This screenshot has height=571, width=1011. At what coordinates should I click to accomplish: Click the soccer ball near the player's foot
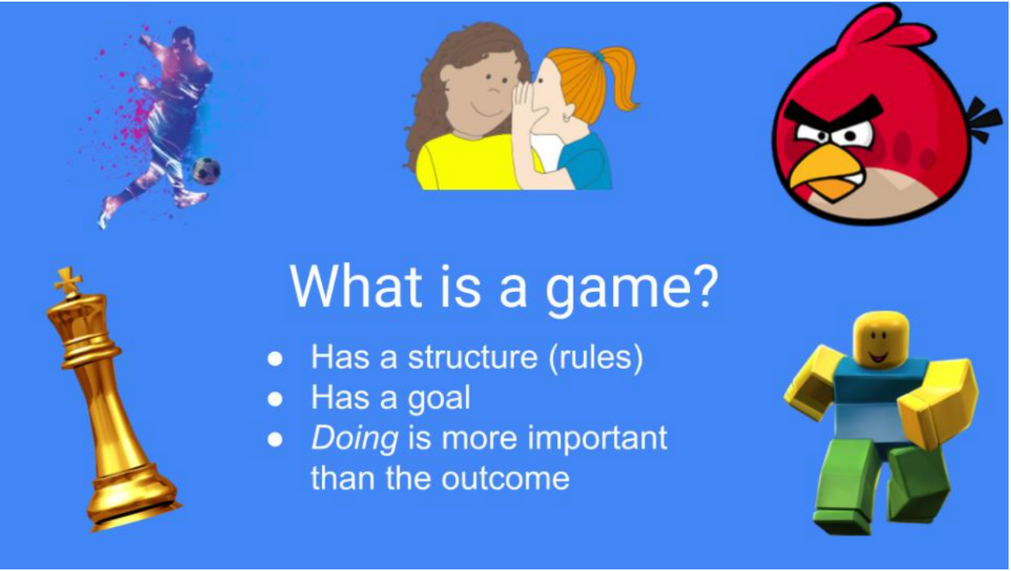pyautogui.click(x=206, y=170)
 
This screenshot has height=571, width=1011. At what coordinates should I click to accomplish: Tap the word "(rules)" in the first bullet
pyautogui.click(x=595, y=358)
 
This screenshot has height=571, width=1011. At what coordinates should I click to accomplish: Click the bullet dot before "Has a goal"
pyautogui.click(x=275, y=399)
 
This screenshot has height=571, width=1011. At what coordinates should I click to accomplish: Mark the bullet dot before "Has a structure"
pyautogui.click(x=275, y=359)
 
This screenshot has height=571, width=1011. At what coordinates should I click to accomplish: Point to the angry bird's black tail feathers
pyautogui.click(x=984, y=121)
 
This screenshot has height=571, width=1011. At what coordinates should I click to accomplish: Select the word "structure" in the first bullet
pyautogui.click(x=474, y=358)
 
